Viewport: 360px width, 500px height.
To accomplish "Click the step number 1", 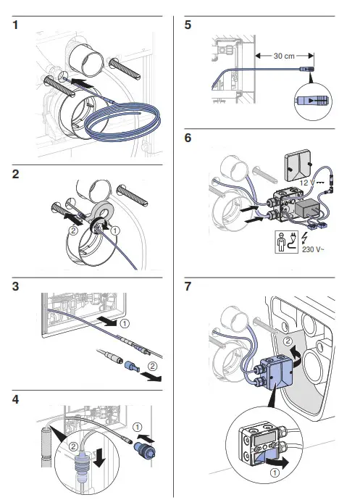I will (x=16, y=26).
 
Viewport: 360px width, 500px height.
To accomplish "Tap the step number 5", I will (x=188, y=26).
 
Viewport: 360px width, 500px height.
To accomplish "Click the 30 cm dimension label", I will (x=282, y=55).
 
